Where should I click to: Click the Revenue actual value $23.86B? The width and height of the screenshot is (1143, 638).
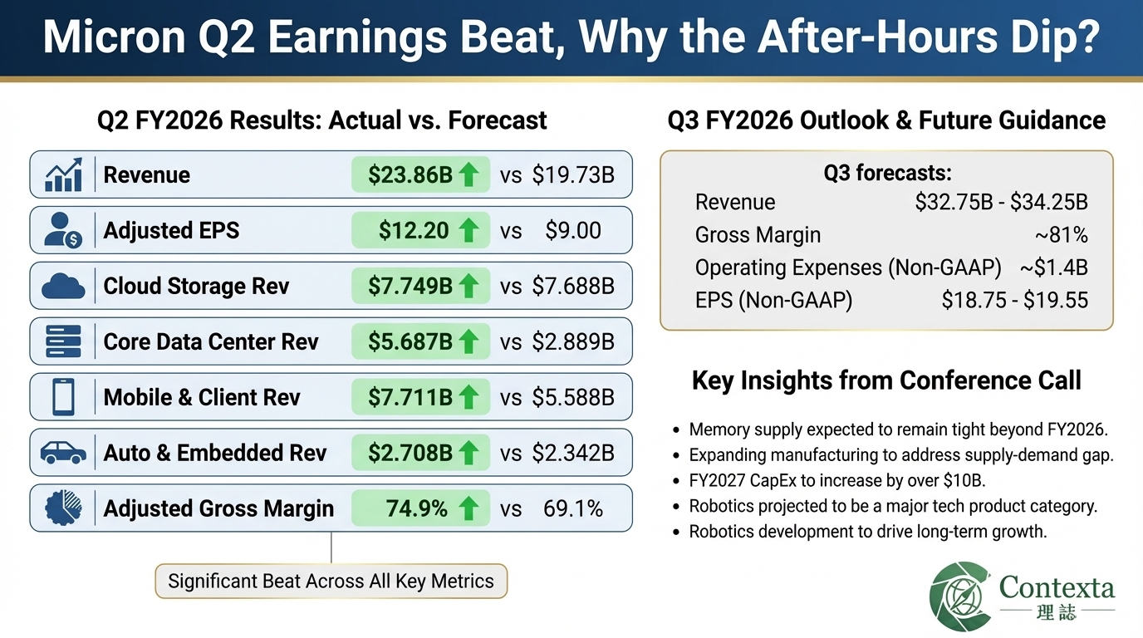(x=410, y=174)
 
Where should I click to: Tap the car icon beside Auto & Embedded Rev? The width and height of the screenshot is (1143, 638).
(x=63, y=453)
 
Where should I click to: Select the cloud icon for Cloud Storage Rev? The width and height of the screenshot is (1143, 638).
(x=63, y=287)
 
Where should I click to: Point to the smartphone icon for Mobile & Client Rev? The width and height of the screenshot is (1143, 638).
(x=63, y=397)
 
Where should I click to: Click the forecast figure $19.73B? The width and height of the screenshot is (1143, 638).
(x=573, y=174)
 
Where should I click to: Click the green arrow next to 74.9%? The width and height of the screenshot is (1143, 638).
(x=468, y=508)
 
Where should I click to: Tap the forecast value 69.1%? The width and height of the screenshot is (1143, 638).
(x=572, y=508)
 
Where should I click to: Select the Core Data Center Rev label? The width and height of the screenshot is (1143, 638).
(x=211, y=341)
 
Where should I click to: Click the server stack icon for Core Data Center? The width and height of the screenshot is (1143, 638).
(x=63, y=341)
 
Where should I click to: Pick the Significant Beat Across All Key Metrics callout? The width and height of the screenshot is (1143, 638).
(x=331, y=581)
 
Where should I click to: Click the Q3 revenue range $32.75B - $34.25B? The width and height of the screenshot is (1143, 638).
(x=1001, y=202)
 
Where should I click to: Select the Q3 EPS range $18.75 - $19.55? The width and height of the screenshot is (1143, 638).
(x=1014, y=300)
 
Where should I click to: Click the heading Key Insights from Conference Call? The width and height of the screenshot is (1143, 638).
(x=886, y=380)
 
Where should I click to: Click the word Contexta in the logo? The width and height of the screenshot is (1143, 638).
(x=1057, y=587)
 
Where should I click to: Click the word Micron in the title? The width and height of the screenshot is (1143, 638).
(x=106, y=38)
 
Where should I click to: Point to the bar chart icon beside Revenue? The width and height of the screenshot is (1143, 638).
(x=63, y=174)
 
